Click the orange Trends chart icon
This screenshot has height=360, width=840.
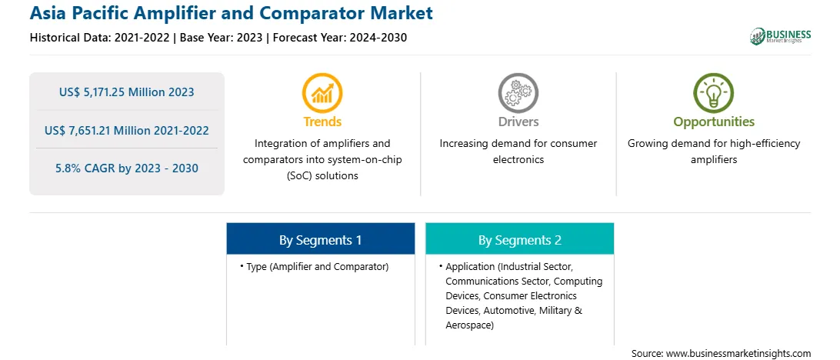(322, 92)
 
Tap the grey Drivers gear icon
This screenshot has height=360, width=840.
(518, 92)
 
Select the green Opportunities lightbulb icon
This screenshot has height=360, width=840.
(714, 92)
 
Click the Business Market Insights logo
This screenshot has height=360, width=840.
(781, 36)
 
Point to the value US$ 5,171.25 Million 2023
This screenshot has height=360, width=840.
(126, 92)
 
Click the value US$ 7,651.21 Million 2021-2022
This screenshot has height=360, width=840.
(126, 130)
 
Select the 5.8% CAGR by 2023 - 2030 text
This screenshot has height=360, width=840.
(126, 168)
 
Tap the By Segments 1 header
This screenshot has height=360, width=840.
(320, 240)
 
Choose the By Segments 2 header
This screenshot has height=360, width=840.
(520, 240)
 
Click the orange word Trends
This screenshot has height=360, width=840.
(322, 122)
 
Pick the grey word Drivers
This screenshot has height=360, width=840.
(518, 122)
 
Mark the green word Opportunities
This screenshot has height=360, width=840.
(714, 122)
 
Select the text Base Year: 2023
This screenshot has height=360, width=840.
(222, 38)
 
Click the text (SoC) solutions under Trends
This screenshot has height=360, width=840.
(322, 175)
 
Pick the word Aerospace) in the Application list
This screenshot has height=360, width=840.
(470, 325)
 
